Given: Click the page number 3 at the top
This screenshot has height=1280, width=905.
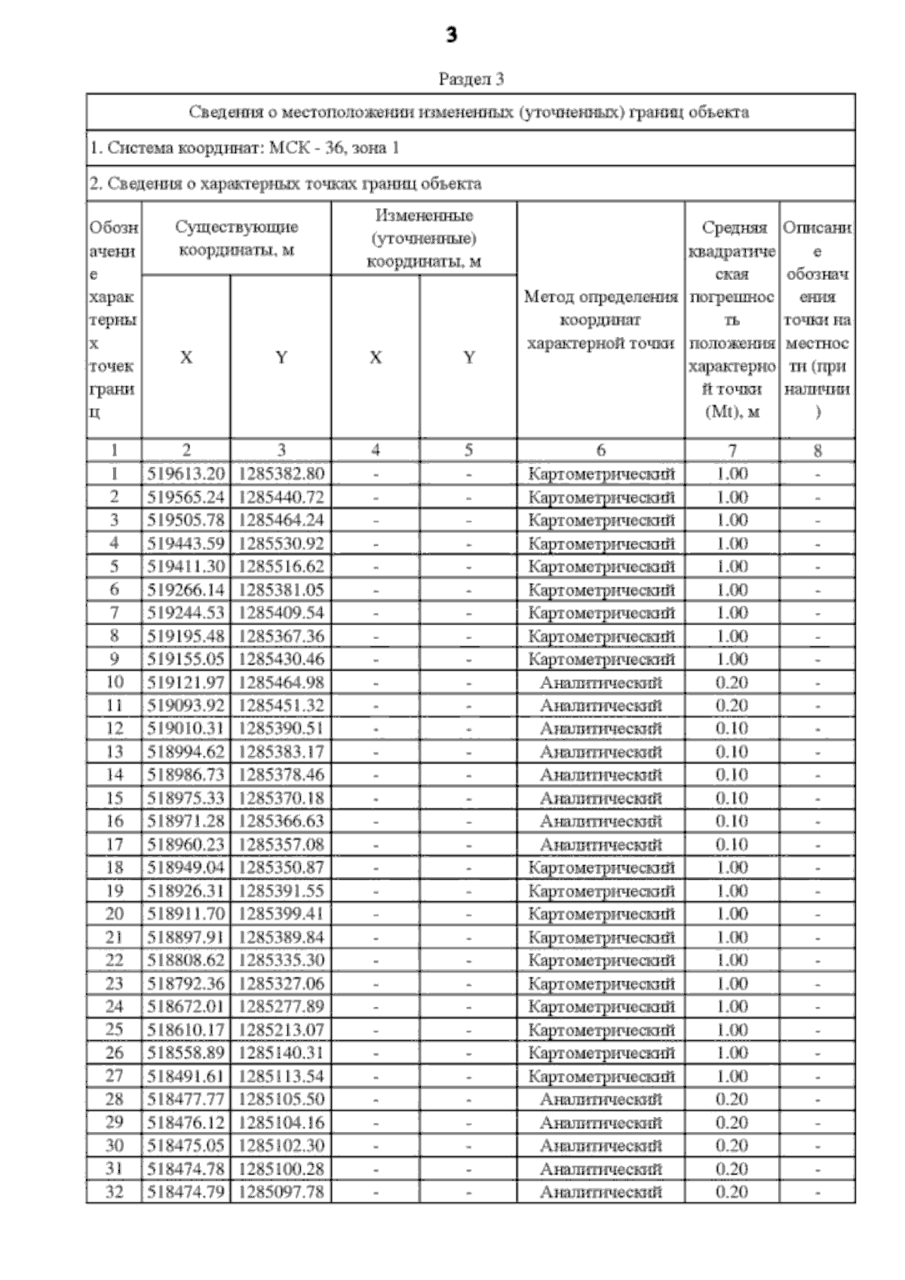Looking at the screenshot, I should click(452, 35).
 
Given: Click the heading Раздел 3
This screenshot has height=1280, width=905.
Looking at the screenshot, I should click(471, 79).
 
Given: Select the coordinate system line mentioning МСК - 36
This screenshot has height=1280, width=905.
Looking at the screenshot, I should click(244, 148).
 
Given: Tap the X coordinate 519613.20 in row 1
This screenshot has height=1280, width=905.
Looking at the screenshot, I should click(186, 474).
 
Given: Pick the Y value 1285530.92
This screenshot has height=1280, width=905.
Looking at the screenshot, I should click(281, 544).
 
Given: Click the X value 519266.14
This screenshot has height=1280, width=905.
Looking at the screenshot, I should click(186, 590).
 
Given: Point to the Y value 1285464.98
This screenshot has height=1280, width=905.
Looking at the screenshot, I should click(281, 683).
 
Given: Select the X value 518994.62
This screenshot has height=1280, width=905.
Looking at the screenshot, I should click(186, 752).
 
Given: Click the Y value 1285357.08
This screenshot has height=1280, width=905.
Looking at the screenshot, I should click(281, 845).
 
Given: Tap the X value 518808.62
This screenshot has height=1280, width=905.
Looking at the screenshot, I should click(186, 960).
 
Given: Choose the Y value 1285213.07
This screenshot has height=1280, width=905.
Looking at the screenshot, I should click(281, 1030).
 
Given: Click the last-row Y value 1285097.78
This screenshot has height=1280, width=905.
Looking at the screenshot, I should click(281, 1192).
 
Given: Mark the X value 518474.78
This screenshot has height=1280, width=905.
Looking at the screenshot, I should click(186, 1169).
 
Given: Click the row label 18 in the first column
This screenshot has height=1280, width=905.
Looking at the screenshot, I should click(115, 868).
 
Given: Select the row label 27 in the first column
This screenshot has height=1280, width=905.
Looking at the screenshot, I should click(115, 1076).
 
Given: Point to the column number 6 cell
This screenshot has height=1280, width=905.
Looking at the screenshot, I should click(601, 450).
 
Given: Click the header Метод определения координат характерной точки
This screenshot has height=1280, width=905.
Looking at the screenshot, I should click(601, 320).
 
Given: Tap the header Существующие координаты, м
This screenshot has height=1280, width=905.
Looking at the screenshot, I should click(236, 238).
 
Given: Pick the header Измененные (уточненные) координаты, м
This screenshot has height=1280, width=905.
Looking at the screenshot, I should click(424, 238).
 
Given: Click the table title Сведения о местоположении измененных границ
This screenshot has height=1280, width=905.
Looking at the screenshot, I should click(469, 113).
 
